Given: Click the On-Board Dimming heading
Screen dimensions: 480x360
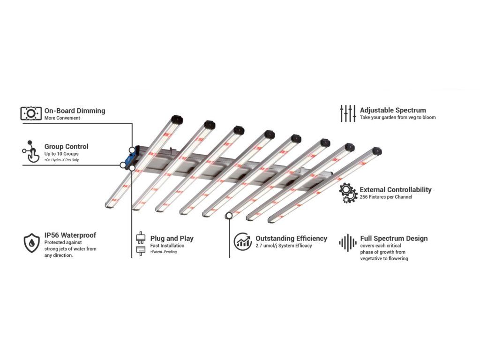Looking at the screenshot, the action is [75, 111].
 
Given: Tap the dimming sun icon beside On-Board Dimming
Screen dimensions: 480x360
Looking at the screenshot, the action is [31, 113].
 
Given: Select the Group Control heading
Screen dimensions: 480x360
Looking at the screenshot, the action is [67, 147].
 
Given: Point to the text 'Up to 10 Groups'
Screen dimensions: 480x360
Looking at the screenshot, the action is [61, 154].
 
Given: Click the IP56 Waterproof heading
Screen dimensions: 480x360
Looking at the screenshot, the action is [70, 235].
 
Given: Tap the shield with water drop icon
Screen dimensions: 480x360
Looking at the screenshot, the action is [32, 243].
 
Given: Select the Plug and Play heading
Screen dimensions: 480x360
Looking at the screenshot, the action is [172, 239].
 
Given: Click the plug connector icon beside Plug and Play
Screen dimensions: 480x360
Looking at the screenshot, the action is [141, 243].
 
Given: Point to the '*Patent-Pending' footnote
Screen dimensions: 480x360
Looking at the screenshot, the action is [164, 252].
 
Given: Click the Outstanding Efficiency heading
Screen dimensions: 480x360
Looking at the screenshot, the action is [292, 238].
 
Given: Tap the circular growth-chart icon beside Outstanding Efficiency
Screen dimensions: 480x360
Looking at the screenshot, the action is [243, 241].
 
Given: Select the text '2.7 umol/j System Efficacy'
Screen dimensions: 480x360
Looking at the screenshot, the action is [284, 246].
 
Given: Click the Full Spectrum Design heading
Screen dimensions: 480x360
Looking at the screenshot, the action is [394, 239].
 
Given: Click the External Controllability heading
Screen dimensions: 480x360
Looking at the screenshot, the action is [396, 190].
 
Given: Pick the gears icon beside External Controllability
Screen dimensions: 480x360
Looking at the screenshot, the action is [348, 193].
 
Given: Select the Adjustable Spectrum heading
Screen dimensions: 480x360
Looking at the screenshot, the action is [393, 110].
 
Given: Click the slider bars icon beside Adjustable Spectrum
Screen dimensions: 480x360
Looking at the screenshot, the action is [348, 113].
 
